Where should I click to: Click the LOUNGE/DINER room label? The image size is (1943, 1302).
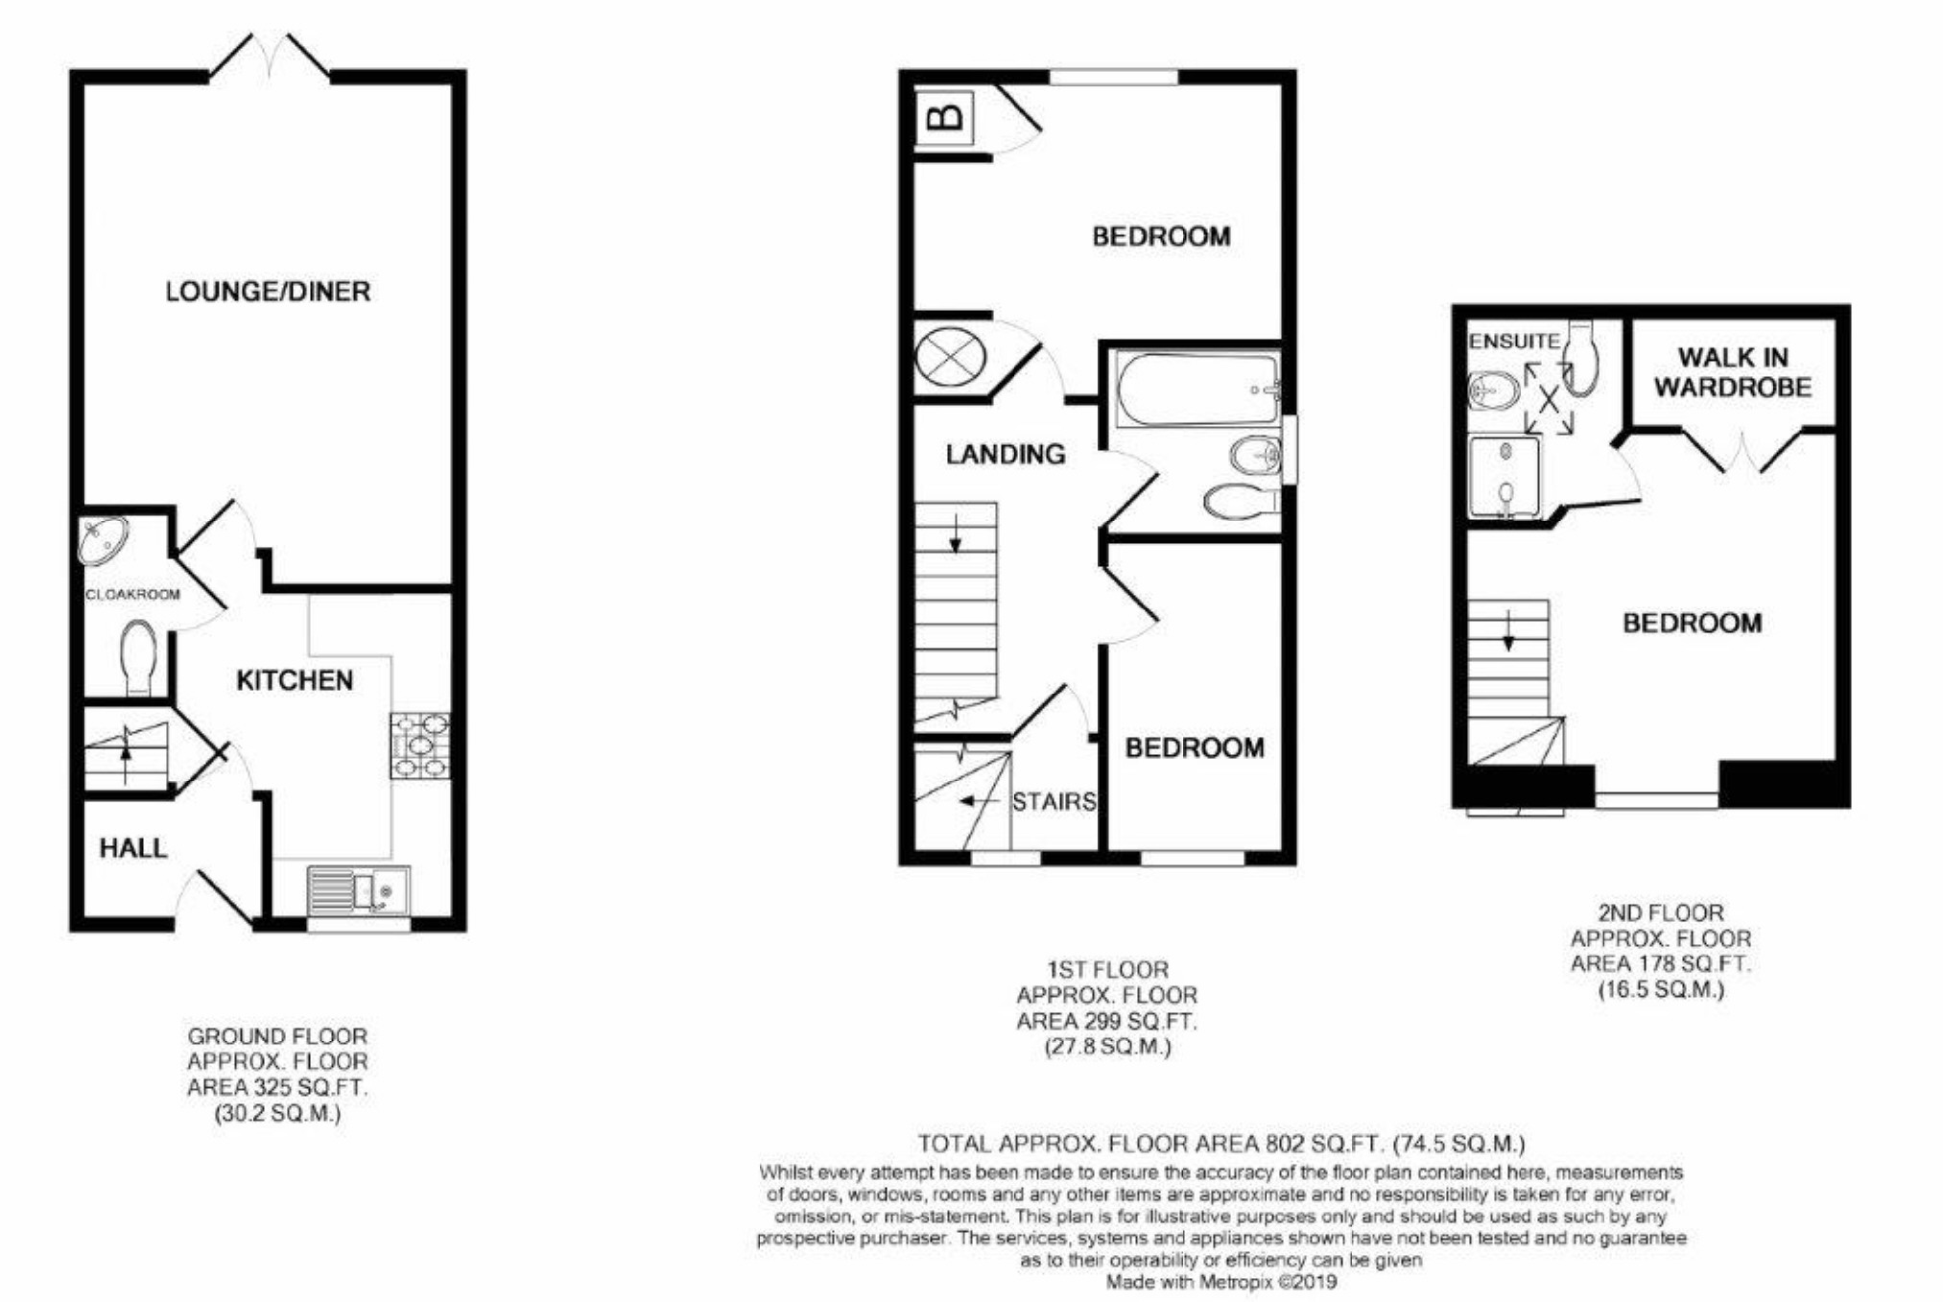[x=268, y=291]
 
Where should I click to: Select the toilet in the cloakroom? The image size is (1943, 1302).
[x=138, y=654]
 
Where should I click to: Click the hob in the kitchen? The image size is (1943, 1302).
[x=420, y=746]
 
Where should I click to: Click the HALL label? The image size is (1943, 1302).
[x=133, y=848]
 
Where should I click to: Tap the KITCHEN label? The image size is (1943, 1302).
[x=295, y=680]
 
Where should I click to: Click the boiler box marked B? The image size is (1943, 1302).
[x=945, y=118]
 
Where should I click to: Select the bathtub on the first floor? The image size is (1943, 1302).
[x=1196, y=390]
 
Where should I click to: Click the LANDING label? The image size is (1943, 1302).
[x=1006, y=454]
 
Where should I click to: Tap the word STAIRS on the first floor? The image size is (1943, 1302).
[x=1054, y=801]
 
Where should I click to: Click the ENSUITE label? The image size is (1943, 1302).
[x=1514, y=341]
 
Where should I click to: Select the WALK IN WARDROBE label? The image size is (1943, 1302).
[x=1733, y=372]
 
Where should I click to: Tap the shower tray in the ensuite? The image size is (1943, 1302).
[x=1505, y=476]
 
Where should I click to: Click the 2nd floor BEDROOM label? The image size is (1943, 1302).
[x=1693, y=624]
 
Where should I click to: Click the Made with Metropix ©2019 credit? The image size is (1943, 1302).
[x=1220, y=1282]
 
